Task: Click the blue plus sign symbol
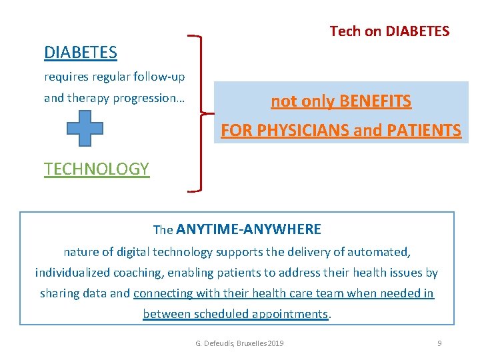[85, 127]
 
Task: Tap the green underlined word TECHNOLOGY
[97, 169]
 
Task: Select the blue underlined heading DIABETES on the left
[80, 52]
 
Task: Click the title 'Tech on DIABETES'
[389, 31]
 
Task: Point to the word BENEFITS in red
[375, 101]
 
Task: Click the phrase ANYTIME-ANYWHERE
[249, 229]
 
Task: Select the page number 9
[439, 343]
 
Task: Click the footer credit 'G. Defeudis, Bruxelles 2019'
[239, 343]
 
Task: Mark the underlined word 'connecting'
[161, 293]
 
